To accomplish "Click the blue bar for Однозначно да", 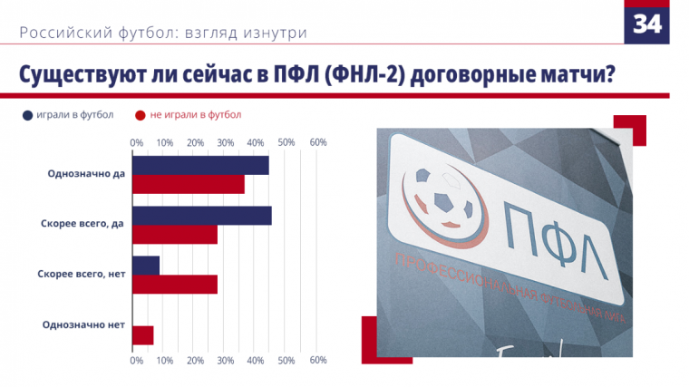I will point(200,165).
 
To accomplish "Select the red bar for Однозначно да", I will point(189,184).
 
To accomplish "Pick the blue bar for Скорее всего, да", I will point(202,215).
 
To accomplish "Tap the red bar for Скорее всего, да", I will point(175,234).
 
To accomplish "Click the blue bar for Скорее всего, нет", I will point(146,266).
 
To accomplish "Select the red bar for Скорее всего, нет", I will point(175,285).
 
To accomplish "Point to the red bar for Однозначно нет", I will point(143,334).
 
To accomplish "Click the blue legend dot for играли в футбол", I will point(28,116).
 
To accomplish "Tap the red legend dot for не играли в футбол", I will point(141,116).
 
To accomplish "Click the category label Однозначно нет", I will point(83,324).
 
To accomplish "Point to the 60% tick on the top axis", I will point(318,142).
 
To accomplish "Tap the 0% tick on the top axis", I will point(137,142).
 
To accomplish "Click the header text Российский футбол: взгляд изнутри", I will point(163,33).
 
